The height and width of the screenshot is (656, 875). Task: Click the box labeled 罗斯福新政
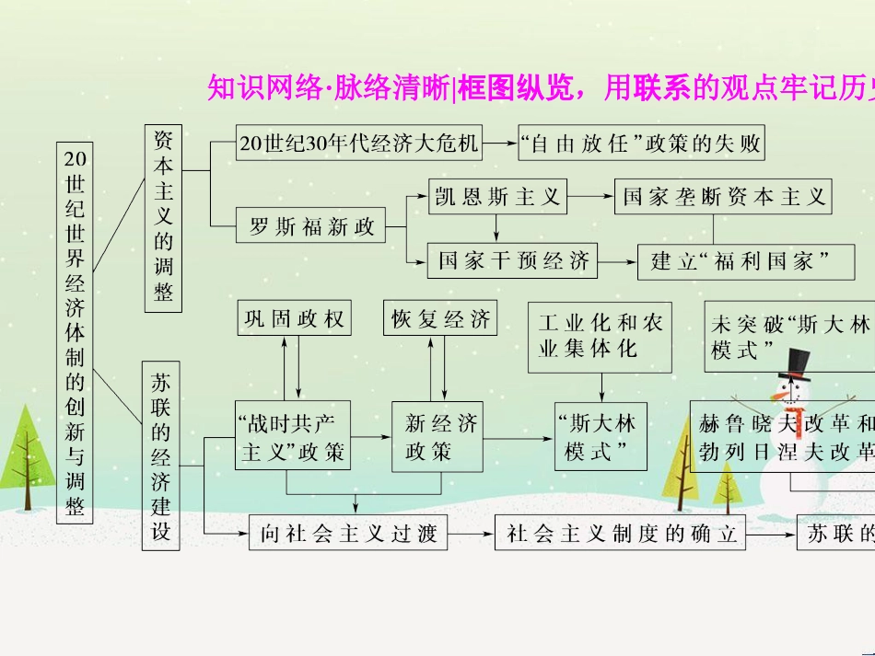311,226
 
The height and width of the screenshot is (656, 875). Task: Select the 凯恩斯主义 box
497,196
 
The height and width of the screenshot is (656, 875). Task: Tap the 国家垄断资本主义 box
722,196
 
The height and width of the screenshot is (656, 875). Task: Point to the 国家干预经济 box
513,260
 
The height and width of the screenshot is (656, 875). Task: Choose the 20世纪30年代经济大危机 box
358,143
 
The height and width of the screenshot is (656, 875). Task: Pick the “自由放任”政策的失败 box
641,143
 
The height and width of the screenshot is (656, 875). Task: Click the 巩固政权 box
293,318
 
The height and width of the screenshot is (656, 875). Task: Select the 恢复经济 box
440,318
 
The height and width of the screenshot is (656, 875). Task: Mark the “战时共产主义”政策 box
292,437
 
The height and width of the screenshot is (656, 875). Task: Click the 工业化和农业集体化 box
600,337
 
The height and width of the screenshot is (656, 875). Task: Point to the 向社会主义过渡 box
348,534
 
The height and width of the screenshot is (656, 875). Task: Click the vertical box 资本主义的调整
163,216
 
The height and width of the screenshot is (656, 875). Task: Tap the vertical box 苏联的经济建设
161,455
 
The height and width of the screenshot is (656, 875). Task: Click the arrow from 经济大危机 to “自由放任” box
500,143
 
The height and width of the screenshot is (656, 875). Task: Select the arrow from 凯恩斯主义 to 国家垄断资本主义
590,196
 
